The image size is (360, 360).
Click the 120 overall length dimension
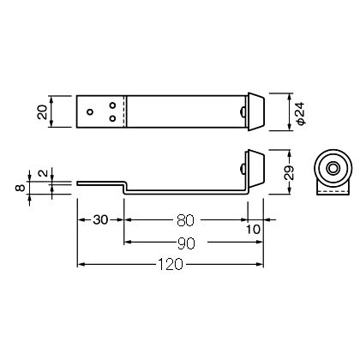pos(170,265)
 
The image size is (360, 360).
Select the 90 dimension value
pos(186,243)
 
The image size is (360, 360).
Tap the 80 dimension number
pos(185,220)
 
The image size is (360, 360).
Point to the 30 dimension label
pos(100,219)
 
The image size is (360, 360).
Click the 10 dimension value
pos(253,229)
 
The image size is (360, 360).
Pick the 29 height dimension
pos(290,172)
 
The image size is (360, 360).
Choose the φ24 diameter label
pos(301,113)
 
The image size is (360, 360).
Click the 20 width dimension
pos(43,111)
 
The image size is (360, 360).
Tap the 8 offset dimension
pos(20,188)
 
